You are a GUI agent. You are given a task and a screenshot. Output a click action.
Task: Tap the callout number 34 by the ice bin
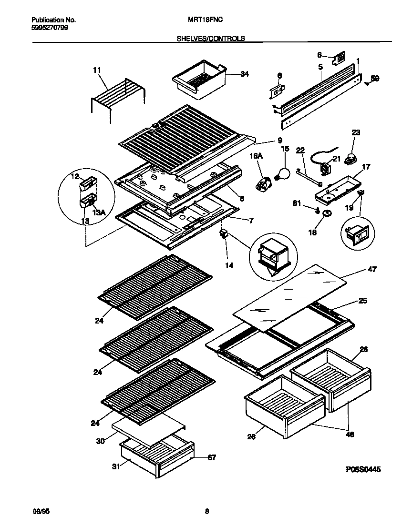point(245,74)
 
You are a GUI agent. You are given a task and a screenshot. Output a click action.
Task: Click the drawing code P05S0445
point(363,469)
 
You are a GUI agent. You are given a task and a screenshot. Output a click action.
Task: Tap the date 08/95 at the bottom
point(40,512)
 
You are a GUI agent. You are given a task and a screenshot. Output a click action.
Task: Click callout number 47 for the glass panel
point(372,270)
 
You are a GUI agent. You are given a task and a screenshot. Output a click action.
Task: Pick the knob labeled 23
point(352,159)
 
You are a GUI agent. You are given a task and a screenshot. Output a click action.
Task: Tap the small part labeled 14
point(223,233)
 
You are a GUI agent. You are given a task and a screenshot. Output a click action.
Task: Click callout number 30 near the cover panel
point(100,441)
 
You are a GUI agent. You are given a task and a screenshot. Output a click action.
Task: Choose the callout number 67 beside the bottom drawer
point(211,458)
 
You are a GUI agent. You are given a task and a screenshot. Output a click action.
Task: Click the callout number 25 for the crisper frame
point(363,301)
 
